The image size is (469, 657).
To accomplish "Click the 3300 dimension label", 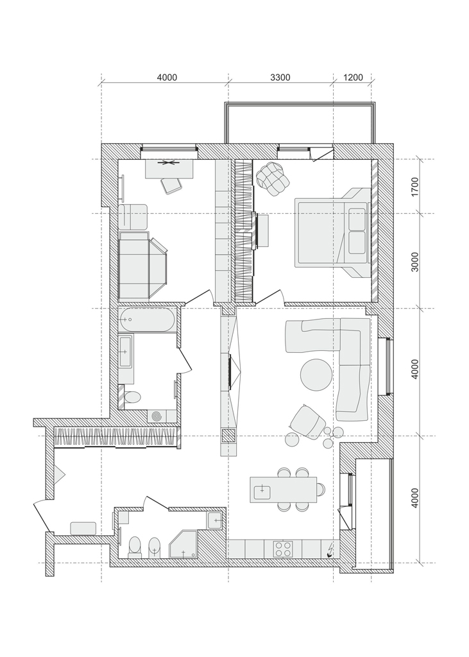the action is point(280,77).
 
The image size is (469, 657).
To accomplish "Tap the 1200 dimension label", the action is point(353,77).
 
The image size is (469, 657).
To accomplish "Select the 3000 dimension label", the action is point(415,262).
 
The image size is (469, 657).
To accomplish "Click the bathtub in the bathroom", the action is point(146,320).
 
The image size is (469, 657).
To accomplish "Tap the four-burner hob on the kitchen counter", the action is point(283,549).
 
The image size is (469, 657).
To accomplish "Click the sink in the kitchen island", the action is point(262,489).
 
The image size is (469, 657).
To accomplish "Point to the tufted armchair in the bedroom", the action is point(273,178).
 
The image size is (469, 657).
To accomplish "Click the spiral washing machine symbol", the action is point(157,416).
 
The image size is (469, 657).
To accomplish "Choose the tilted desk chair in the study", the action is point(172,185).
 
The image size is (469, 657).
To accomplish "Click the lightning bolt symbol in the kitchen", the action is point(330,550).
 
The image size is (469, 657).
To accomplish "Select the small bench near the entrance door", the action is point(83,529).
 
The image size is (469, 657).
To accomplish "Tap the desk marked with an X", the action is point(169,169).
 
